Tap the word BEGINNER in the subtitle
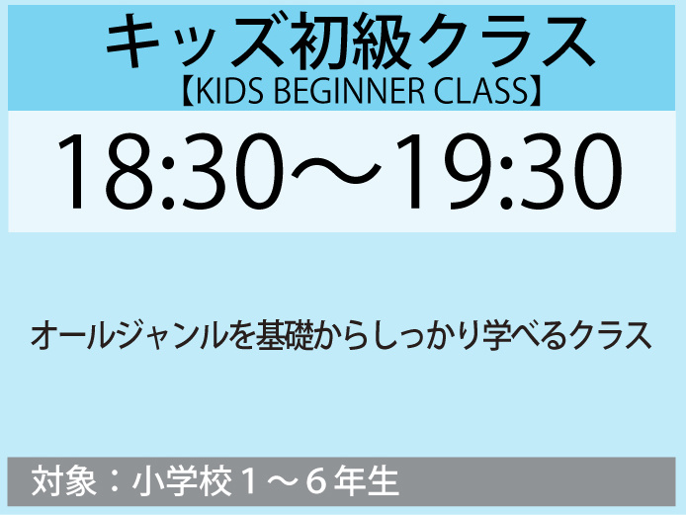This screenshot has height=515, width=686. pos(349,91)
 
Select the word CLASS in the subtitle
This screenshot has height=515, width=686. pos(481,91)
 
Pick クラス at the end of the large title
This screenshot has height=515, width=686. pos(506,42)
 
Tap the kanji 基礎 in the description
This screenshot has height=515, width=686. pos(286,336)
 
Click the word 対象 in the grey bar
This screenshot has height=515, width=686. pos(64,481)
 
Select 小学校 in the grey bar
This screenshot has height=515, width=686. pos(182,481)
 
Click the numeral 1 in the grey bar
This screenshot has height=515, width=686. pos(249,481)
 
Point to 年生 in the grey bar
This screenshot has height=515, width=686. pos(366,481)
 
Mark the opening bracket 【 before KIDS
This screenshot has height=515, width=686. pos(188,91)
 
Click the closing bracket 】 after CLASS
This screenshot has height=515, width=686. pos(536,91)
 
